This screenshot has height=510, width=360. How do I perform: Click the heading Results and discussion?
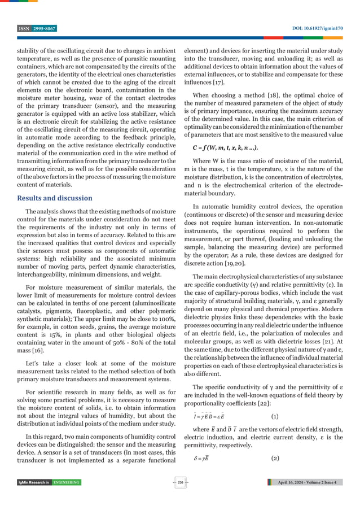click(x=55, y=198)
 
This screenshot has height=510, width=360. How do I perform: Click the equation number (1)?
click(x=274, y=416)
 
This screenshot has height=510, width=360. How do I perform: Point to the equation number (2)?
click(x=274, y=458)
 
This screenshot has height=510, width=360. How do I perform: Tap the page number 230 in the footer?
click(x=180, y=498)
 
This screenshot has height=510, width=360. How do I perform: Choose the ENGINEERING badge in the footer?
click(x=67, y=498)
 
